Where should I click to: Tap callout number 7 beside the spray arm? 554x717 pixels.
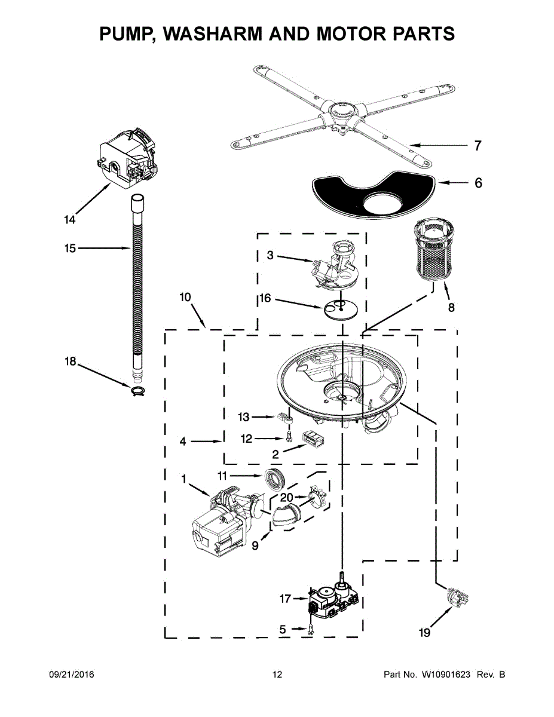[x=478, y=146]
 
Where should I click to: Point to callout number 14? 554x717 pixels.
[x=69, y=220]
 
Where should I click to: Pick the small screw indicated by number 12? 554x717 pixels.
[x=289, y=437]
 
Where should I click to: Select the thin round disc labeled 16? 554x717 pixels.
[x=341, y=309]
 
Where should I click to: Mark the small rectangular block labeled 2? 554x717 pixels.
[x=313, y=439]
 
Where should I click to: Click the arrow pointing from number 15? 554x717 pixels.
[x=105, y=248]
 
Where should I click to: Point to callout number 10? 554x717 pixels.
[x=185, y=298]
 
